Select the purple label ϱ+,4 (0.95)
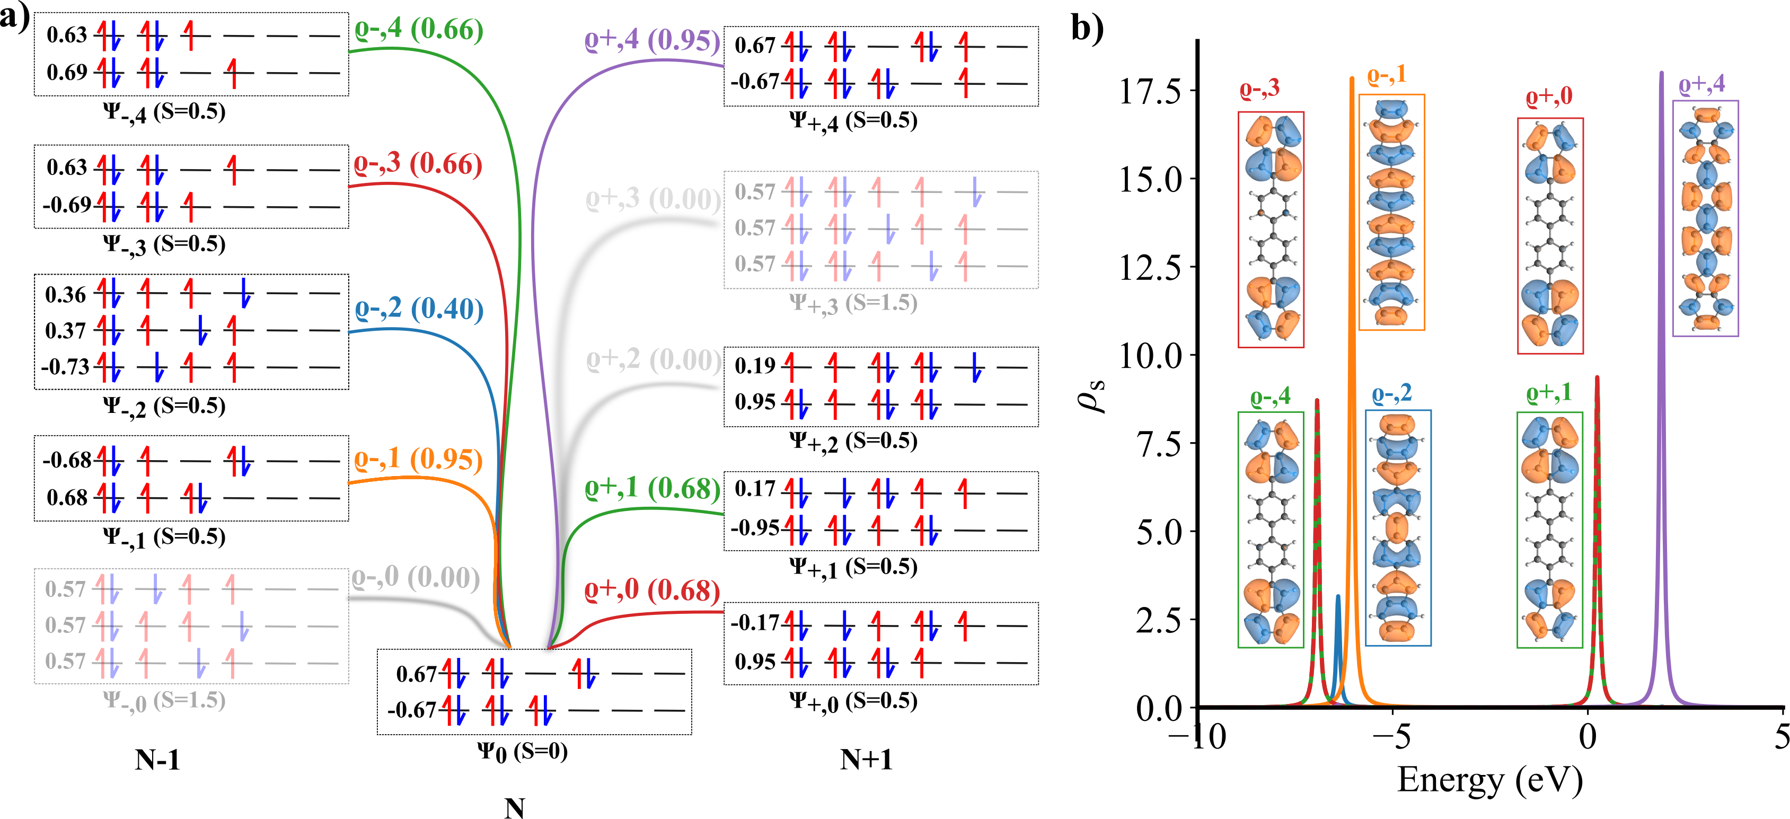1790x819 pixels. point(652,40)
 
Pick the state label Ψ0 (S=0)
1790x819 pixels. point(522,752)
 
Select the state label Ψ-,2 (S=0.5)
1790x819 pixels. point(164,406)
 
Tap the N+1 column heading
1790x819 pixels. point(866,759)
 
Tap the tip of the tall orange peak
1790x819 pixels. point(1352,78)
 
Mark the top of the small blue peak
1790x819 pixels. point(1338,596)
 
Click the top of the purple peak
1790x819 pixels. point(1661,73)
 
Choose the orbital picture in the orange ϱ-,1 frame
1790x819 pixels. point(1391,212)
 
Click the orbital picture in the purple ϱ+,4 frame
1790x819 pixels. point(1705,218)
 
